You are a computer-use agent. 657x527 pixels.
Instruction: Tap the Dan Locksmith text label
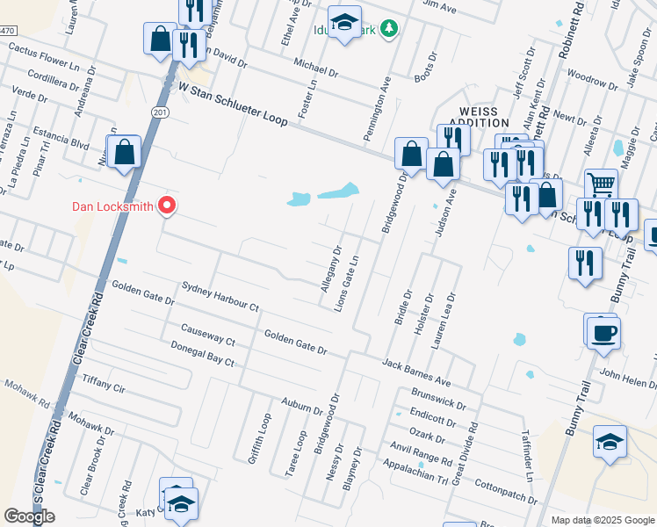[x=112, y=207]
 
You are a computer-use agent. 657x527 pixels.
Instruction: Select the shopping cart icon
[x=601, y=184]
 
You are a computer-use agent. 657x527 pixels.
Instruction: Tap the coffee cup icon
[x=604, y=335]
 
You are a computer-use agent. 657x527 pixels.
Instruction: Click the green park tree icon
[x=387, y=29]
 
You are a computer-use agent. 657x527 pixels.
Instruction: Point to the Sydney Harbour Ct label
[x=220, y=297]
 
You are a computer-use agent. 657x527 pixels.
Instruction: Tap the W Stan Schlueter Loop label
[x=234, y=105]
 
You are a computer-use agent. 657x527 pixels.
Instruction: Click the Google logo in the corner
[x=29, y=516]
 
